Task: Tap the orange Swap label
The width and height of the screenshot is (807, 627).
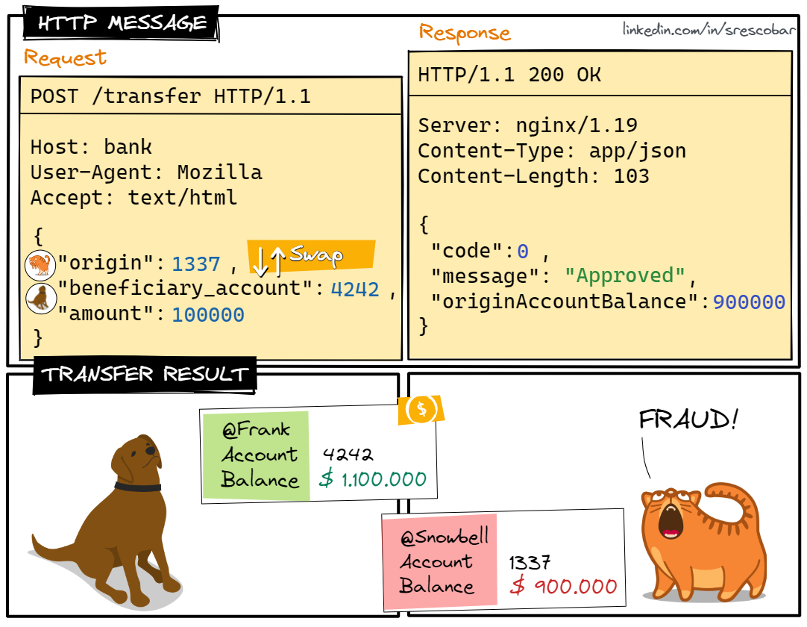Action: tap(313, 255)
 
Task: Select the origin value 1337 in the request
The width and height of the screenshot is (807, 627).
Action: tap(196, 263)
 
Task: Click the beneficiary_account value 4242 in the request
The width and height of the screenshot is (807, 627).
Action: tap(355, 290)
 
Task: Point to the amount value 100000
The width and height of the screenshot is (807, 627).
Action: tap(208, 315)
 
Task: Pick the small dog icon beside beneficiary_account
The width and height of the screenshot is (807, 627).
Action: tap(39, 297)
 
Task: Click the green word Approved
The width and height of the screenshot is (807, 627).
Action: tap(625, 275)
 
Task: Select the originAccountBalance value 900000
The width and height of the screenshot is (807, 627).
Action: tap(749, 302)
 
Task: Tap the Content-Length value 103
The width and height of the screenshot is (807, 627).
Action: tap(631, 176)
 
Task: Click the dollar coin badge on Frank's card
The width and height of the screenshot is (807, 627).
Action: tap(422, 409)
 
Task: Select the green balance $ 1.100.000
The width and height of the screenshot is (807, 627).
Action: tap(373, 479)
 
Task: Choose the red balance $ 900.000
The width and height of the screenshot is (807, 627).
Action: tap(564, 586)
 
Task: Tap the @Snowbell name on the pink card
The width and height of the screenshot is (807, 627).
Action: tap(445, 537)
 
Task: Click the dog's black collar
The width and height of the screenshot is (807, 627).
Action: tap(138, 487)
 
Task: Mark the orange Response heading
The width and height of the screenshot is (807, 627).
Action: tap(465, 33)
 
